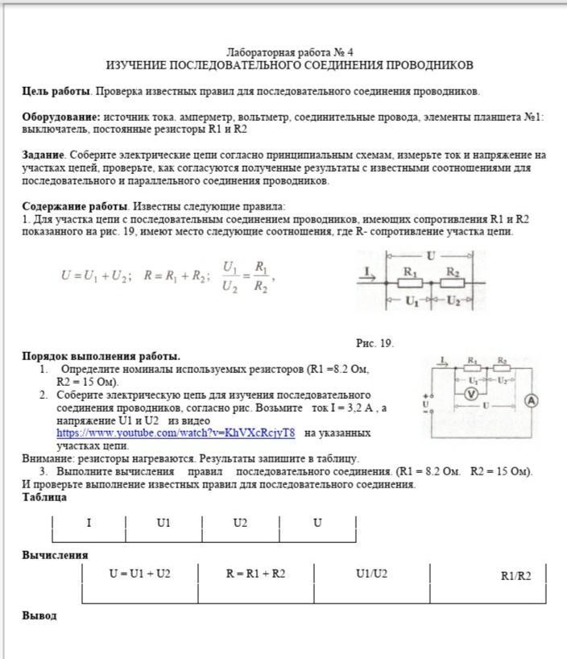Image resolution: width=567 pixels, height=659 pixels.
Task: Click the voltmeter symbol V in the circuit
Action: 473,393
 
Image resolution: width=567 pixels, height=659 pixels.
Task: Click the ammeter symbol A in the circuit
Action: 532,400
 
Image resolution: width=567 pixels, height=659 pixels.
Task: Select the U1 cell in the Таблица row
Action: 163,523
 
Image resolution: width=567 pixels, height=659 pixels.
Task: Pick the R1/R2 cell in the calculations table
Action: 515,575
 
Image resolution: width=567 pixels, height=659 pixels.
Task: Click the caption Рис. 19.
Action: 375,343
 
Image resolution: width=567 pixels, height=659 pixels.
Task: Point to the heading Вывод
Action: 39,615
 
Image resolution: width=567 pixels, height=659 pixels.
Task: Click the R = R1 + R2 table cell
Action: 255,574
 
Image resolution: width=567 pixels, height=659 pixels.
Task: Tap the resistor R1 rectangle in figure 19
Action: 410,284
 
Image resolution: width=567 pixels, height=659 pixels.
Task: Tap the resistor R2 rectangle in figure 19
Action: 453,284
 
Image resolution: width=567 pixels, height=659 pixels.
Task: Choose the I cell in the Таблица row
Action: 89,523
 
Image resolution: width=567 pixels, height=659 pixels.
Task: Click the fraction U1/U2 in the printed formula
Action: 230,276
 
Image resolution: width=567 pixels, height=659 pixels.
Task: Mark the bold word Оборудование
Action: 61,117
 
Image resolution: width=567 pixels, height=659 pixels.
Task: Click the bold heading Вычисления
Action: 55,555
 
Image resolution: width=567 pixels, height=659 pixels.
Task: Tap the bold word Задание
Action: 43,154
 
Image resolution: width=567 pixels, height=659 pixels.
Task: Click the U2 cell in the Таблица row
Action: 240,523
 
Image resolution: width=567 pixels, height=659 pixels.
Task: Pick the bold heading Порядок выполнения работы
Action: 101,356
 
